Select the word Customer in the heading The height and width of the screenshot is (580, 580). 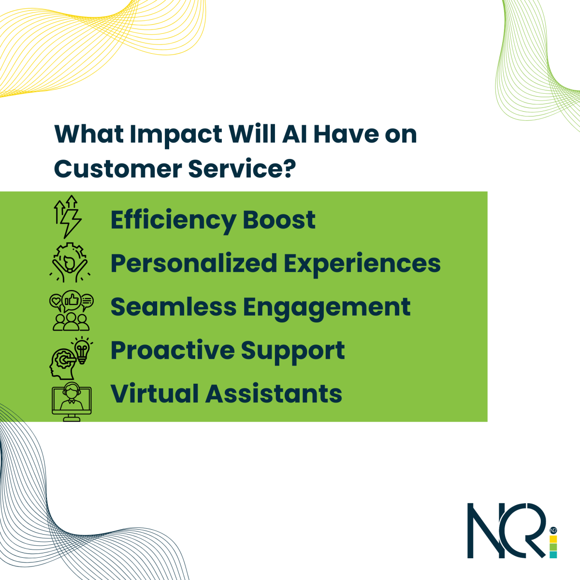[118, 169]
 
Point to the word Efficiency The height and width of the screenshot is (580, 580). [173, 220]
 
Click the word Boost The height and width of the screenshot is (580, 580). [279, 220]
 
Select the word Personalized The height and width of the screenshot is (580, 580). [193, 264]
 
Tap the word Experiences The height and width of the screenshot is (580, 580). [362, 264]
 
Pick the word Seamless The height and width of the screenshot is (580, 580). [174, 307]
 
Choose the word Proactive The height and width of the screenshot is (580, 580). [173, 351]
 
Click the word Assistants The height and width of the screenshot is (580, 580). [274, 394]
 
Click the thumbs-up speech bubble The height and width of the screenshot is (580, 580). [72, 300]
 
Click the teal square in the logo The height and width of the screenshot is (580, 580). [553, 554]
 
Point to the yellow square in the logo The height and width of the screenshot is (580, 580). [553, 539]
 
